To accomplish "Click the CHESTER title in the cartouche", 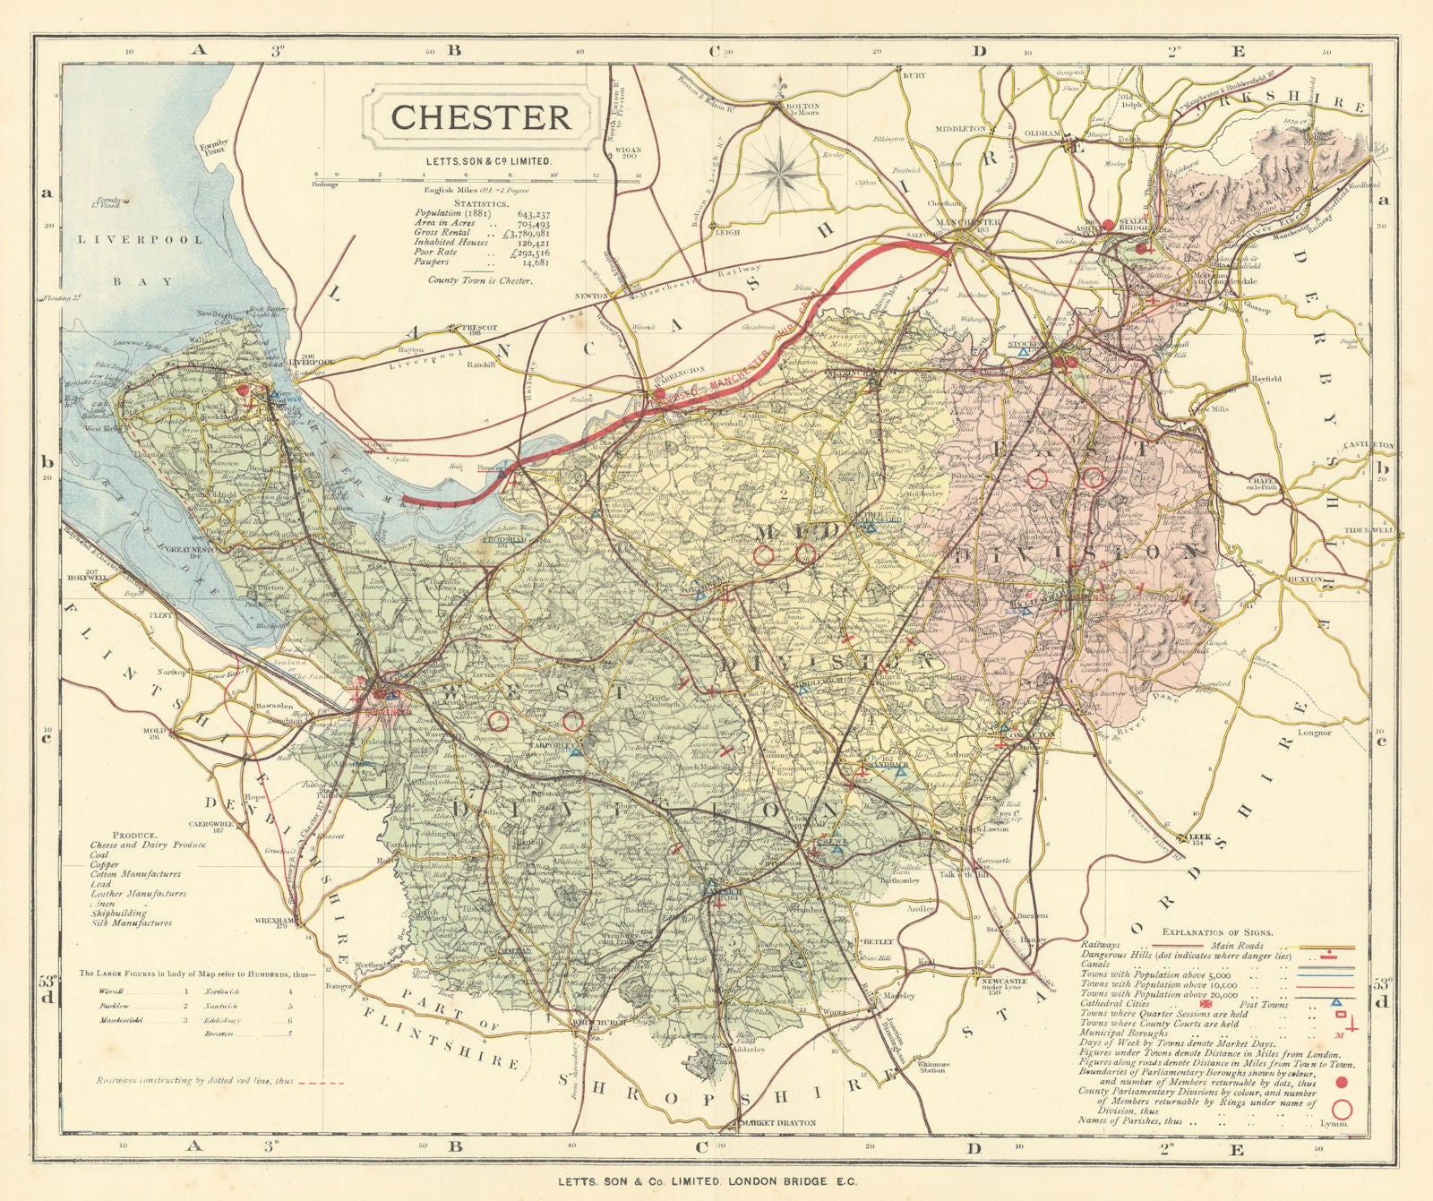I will pyautogui.click(x=480, y=117).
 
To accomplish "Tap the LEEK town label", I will pyautogui.click(x=1196, y=837).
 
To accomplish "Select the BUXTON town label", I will pyautogui.click(x=1305, y=579).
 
